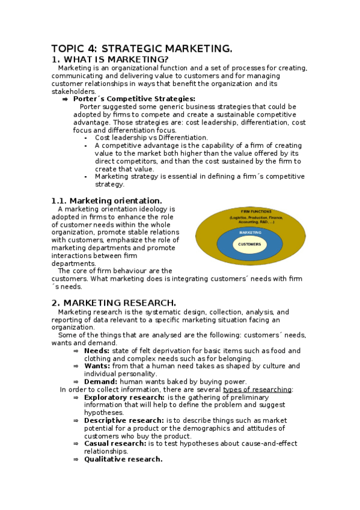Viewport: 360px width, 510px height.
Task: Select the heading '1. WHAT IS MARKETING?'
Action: [110, 59]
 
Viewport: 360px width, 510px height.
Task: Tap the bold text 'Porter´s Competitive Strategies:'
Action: [134, 99]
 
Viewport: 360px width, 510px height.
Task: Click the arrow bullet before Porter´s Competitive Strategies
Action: [65, 99]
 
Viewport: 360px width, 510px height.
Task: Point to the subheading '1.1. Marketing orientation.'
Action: [106, 200]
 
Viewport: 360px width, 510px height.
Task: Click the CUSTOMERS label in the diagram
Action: [249, 244]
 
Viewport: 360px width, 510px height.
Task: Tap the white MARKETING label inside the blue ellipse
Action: [250, 232]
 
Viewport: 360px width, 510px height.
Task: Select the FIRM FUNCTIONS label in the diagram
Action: [256, 212]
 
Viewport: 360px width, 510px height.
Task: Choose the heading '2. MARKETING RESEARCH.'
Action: [114, 303]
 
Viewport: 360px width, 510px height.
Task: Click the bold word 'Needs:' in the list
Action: [97, 351]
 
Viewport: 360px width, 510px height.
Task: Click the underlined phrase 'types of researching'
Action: [257, 389]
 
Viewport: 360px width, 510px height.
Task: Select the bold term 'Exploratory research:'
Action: [124, 397]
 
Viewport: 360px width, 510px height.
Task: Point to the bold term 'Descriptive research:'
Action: [123, 420]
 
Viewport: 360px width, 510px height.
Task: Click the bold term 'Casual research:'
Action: [115, 443]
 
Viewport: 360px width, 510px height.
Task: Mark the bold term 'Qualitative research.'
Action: [123, 459]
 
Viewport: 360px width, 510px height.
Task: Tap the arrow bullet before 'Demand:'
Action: [76, 381]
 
